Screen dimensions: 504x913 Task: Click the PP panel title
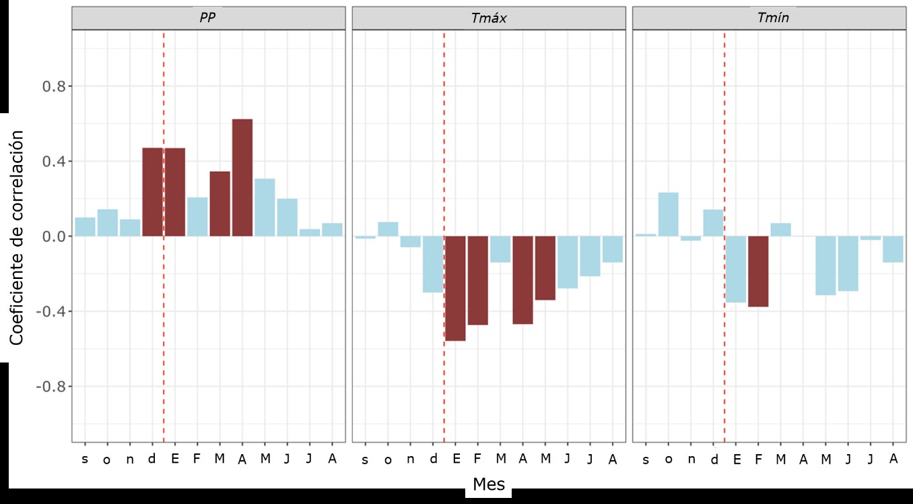pyautogui.click(x=207, y=18)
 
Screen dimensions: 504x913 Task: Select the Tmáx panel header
pyautogui.click(x=488, y=18)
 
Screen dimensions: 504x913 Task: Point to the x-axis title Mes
pyautogui.click(x=489, y=484)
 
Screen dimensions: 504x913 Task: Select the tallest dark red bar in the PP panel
pyautogui.click(x=242, y=178)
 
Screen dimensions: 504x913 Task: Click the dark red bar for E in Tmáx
pyautogui.click(x=456, y=288)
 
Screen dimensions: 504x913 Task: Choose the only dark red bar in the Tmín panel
pyautogui.click(x=758, y=272)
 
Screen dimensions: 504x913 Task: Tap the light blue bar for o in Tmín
pyautogui.click(x=669, y=214)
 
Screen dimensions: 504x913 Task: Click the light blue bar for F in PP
pyautogui.click(x=197, y=217)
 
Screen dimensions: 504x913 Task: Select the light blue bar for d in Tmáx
pyautogui.click(x=433, y=264)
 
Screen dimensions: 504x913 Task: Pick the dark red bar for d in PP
pyautogui.click(x=152, y=192)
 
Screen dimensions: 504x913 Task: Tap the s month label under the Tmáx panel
pyautogui.click(x=365, y=460)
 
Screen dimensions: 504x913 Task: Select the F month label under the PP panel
pyautogui.click(x=197, y=459)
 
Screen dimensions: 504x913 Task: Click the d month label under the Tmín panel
pyautogui.click(x=714, y=459)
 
